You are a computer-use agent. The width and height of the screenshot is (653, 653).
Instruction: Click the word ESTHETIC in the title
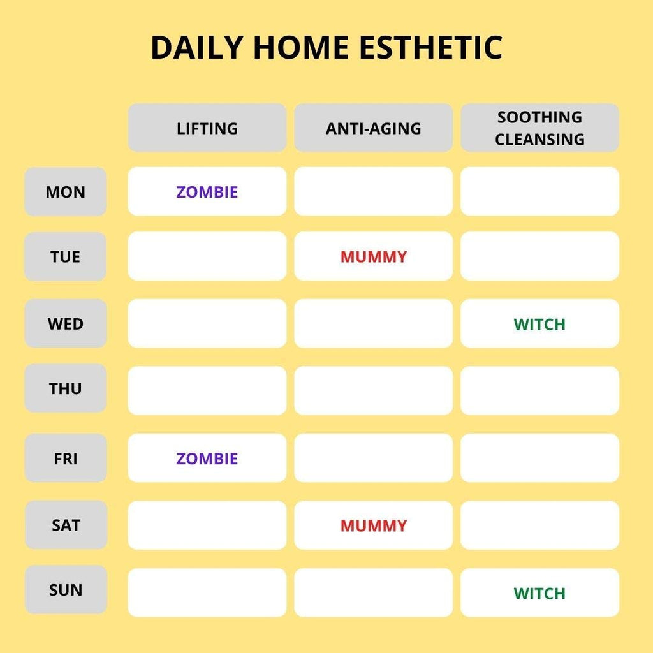430,47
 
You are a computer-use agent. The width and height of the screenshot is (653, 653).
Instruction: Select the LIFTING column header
207,128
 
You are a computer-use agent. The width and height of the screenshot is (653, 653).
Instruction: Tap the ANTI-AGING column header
373,128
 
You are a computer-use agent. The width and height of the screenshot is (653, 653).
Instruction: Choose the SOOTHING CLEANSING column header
539,128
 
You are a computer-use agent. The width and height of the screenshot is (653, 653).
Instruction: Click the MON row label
66,191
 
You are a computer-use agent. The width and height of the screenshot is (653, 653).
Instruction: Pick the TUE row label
66,256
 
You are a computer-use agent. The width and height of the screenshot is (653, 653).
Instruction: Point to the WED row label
66,323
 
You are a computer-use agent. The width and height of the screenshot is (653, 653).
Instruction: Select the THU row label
66,388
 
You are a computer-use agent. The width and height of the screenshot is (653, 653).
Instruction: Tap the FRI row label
66,458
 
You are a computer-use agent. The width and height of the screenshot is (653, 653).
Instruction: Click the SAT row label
66,525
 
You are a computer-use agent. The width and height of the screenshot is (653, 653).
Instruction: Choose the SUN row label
66,590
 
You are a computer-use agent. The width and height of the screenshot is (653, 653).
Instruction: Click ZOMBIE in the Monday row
207,192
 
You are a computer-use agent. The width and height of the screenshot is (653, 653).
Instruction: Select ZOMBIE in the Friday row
207,459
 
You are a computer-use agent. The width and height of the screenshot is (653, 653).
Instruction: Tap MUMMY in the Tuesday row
374,256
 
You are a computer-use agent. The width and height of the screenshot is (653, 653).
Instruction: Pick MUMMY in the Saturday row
374,525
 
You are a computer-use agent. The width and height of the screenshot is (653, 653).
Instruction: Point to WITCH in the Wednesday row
539,325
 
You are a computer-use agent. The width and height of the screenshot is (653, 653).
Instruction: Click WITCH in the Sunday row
539,593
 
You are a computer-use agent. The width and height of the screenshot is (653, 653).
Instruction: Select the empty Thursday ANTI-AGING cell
373,391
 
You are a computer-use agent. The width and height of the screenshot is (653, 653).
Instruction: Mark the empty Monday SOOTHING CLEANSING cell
539,191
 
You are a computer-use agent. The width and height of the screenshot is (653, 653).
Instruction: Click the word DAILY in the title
197,47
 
